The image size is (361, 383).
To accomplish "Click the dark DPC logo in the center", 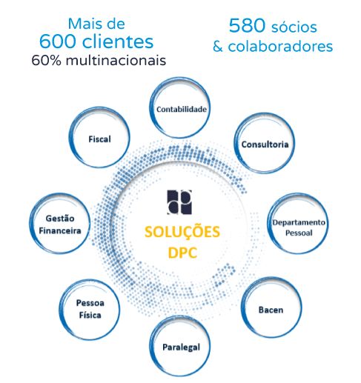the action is coord(179,202).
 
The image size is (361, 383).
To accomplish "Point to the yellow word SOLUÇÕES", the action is coord(182,232).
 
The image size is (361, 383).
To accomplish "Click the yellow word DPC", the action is coord(182,253).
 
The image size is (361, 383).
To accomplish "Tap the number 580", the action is coord(247,25).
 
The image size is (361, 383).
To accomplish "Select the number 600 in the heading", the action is coord(58,41).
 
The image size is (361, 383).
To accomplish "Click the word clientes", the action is coord(118,41).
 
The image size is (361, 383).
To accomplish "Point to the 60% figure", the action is coord(46,60).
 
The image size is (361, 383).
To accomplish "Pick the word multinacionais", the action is coord(116,60).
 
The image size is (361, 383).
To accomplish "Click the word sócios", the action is coord(294,27).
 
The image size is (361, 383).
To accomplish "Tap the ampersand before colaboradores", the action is coord(218,47).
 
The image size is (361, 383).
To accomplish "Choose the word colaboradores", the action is coord(280,46).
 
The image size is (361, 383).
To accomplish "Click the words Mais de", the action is coord(96,24).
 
